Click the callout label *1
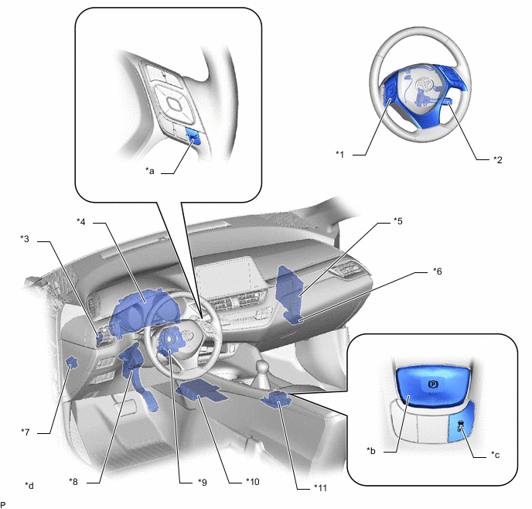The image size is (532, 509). click(340, 155)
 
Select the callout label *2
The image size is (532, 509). click(497, 159)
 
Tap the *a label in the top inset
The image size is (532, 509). click(150, 171)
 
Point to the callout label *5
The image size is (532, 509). click(398, 221)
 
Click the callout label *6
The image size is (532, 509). click(438, 271)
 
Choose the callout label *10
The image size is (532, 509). click(252, 481)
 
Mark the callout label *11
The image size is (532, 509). click(320, 488)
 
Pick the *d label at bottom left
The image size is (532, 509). click(29, 486)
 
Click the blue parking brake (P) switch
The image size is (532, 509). click(432, 387)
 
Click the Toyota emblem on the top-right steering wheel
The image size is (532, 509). click(424, 84)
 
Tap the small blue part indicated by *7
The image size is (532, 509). click(72, 362)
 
